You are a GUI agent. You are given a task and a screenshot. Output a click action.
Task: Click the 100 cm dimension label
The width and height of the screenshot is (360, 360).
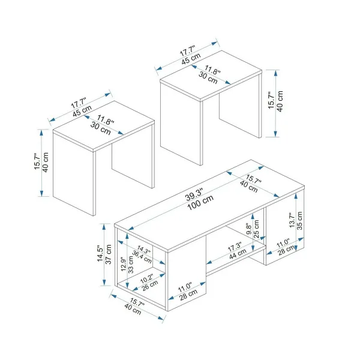(x=200, y=203)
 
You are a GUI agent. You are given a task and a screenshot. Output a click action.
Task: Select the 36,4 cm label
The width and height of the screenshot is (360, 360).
(x=142, y=257)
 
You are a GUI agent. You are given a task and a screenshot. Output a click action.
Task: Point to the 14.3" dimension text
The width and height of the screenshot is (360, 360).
(x=144, y=250)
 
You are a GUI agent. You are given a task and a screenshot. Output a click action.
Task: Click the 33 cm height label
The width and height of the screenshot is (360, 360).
(x=131, y=265)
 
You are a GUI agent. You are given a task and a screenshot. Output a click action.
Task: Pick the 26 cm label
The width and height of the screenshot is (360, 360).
(x=150, y=286)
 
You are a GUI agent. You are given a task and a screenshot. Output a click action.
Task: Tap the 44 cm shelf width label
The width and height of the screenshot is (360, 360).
(x=238, y=254)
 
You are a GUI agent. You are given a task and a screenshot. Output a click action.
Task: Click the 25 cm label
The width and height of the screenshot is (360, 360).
(x=256, y=229)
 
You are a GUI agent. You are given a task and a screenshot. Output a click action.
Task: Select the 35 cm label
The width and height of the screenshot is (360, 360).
(x=299, y=221)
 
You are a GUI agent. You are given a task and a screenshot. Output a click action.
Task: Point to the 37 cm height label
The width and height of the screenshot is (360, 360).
(x=108, y=254)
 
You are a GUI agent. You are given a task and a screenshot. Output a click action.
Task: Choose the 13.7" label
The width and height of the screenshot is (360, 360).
(x=292, y=220)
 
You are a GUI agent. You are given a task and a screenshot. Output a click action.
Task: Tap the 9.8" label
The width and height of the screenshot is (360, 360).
(x=249, y=229)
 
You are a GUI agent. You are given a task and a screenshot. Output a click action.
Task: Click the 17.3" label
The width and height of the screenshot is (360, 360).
(x=235, y=247)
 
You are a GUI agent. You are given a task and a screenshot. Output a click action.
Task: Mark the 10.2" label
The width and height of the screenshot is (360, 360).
(x=146, y=279)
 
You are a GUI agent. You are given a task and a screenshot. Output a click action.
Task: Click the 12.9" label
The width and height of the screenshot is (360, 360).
(x=124, y=264)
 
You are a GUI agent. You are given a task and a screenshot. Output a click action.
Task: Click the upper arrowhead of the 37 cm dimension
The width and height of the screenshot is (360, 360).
(x=104, y=227)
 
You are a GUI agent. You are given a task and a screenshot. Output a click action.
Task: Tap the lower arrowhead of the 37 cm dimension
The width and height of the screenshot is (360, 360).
(x=104, y=283)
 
